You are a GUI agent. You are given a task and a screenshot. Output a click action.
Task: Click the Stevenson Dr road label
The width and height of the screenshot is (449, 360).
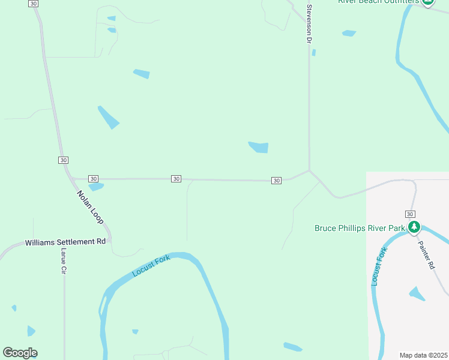pyautogui.click(x=310, y=24)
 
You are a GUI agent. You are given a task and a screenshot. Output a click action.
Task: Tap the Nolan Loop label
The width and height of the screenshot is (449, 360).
pyautogui.click(x=90, y=207)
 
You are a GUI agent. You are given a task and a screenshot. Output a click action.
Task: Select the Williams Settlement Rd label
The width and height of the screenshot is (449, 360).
pyautogui.click(x=65, y=242)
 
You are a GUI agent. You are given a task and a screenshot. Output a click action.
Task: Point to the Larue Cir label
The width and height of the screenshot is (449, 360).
pyautogui.click(x=62, y=262)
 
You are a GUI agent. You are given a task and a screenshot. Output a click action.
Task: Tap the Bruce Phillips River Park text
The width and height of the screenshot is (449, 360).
pyautogui.click(x=360, y=228)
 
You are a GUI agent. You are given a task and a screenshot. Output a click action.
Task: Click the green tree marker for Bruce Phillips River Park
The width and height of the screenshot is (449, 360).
pyautogui.click(x=414, y=227)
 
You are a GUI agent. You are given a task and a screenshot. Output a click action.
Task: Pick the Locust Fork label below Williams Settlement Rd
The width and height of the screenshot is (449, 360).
pyautogui.click(x=151, y=265)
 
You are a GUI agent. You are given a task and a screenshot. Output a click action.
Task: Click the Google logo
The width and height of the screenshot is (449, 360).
pyautogui.click(x=20, y=353)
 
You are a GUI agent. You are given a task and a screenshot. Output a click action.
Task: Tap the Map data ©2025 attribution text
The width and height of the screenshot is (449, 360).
pyautogui.click(x=424, y=355)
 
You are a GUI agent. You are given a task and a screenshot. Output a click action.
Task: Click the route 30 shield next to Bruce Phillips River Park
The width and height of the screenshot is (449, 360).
pyautogui.click(x=409, y=214)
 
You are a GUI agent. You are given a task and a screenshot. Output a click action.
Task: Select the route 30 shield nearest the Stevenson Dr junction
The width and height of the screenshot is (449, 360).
pyautogui.click(x=276, y=181)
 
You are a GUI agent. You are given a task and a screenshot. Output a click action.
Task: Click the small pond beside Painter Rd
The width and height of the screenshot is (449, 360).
pyautogui.click(x=417, y=294)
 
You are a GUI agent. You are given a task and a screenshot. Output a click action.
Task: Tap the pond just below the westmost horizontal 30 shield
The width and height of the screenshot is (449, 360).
pyautogui.click(x=96, y=187)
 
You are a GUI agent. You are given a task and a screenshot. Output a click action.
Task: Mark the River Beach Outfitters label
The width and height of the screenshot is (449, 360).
pyautogui.click(x=378, y=2)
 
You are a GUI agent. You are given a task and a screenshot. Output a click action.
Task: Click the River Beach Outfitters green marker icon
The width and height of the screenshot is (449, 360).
pyautogui.click(x=427, y=2)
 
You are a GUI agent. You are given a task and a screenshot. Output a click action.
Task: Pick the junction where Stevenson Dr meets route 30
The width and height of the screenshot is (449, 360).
pyautogui.click(x=309, y=170)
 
